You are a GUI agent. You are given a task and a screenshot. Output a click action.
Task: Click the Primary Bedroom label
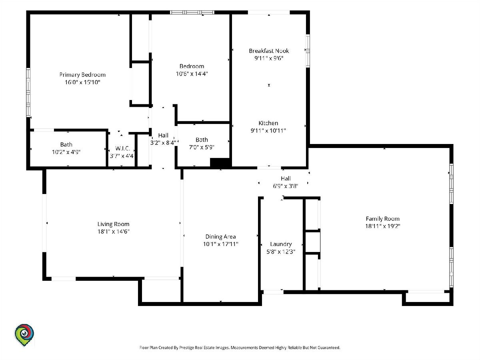pyautogui.click(x=82, y=75)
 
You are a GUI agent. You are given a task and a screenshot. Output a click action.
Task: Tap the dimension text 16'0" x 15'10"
pyautogui.click(x=82, y=82)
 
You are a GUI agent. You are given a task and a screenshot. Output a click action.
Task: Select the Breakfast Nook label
pyautogui.click(x=269, y=51)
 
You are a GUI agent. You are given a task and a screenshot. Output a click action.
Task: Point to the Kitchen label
pyautogui.click(x=268, y=123)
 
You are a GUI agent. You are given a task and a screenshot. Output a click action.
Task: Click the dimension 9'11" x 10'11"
pyautogui.click(x=268, y=131)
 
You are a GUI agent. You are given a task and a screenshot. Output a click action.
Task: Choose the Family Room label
pyautogui.click(x=383, y=219)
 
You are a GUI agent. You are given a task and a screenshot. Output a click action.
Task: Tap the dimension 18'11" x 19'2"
pyautogui.click(x=383, y=226)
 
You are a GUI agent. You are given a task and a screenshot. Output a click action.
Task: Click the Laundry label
pyautogui.click(x=281, y=244)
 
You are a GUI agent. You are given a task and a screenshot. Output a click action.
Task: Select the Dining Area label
pyautogui.click(x=221, y=237)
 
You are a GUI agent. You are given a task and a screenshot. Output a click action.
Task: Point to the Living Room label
pyautogui.click(x=113, y=224)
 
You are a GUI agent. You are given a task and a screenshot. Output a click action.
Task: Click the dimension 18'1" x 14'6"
pyautogui.click(x=113, y=232)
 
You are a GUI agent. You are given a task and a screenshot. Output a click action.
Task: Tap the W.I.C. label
pyautogui.click(x=123, y=149)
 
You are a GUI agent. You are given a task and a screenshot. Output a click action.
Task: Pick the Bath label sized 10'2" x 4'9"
pyautogui.click(x=66, y=144)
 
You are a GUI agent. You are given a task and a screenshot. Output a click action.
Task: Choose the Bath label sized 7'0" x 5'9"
pyautogui.click(x=202, y=140)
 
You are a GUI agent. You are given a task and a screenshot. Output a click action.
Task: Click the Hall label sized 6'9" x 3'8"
pyautogui.click(x=286, y=178)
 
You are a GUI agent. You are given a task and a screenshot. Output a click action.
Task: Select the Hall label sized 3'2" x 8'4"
pyautogui.click(x=163, y=136)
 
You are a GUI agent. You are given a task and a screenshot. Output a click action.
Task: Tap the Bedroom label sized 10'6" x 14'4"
pyautogui.click(x=192, y=66)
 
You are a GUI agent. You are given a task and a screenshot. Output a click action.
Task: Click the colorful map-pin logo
pyautogui.click(x=24, y=335)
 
